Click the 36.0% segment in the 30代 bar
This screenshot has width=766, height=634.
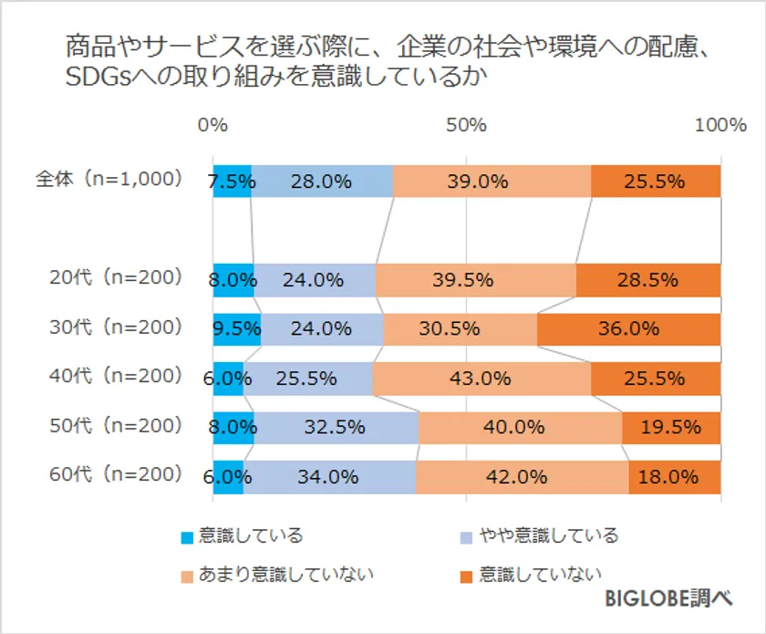pos(628,328)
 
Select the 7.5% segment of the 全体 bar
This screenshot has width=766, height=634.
pos(232,181)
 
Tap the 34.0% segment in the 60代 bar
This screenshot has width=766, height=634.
pos(329,476)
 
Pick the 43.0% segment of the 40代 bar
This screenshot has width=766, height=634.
pos(481,378)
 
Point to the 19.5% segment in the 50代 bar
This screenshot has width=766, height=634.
pos(671,427)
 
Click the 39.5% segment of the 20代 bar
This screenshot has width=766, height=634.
pos(475,280)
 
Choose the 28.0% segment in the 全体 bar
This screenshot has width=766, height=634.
pos(322,181)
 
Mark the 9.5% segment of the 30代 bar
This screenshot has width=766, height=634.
pos(236,328)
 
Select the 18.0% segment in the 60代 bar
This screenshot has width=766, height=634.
pos(675,476)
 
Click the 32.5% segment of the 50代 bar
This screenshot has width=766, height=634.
pos(336,427)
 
